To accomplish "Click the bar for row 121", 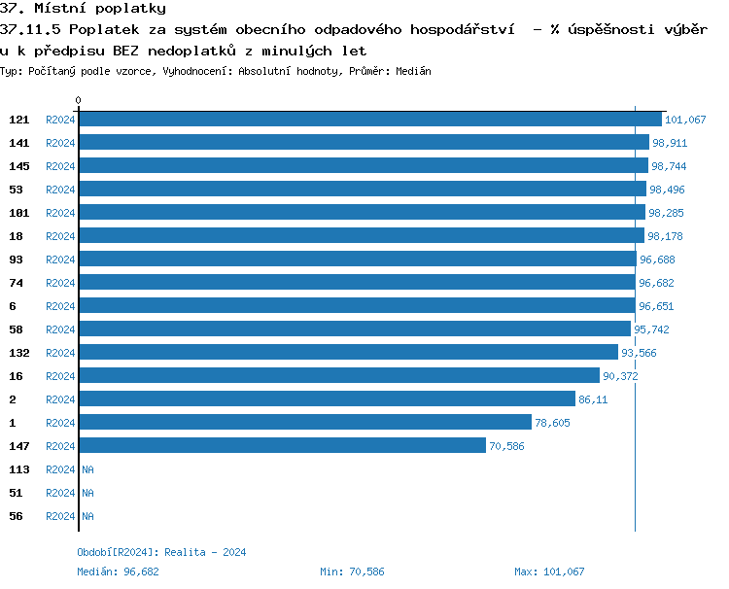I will click(369, 120).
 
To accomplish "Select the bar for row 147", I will click(282, 446).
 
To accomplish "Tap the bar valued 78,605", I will click(305, 423).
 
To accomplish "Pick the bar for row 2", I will click(327, 399).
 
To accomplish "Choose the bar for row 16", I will click(338, 376).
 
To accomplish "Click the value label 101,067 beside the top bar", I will click(685, 120).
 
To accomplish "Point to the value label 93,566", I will click(639, 353).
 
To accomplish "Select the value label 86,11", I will click(593, 399).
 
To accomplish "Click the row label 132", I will click(18, 353).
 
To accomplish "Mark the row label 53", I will click(16, 190).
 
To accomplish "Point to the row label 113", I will click(18, 469).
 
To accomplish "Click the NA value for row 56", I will click(87, 516).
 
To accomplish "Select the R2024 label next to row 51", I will click(60, 493).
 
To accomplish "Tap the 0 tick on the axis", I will click(79, 100).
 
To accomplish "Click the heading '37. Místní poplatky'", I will click(83, 9).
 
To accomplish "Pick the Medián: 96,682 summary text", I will click(118, 572).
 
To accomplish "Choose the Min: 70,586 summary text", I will click(352, 572).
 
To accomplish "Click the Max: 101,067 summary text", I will click(549, 572).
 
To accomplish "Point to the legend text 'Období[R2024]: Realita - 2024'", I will click(161, 552).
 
